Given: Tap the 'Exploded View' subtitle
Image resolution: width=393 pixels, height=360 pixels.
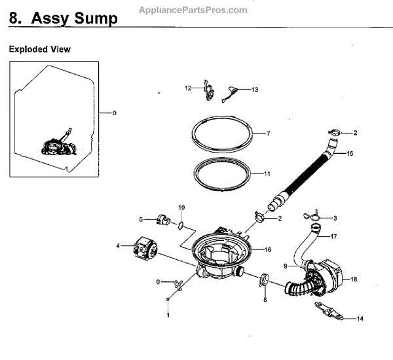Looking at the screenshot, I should [x=39, y=49].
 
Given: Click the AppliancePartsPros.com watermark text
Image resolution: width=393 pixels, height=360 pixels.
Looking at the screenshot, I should [x=193, y=10].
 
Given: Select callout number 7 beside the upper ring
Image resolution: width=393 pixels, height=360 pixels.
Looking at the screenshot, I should [x=268, y=134].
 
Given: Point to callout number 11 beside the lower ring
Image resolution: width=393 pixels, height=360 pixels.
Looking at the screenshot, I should [x=267, y=174].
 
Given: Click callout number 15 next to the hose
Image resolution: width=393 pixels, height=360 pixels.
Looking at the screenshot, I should [x=350, y=154].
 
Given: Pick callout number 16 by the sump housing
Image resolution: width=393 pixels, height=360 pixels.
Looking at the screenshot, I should [x=267, y=249].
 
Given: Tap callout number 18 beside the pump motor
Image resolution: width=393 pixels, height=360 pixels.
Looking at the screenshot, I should [x=354, y=279].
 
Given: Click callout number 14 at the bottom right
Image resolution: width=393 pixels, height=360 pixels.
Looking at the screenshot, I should [x=360, y=319].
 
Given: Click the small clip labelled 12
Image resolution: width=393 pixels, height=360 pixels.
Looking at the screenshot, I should [x=209, y=90].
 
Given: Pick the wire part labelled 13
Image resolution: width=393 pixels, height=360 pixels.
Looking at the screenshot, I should [x=231, y=92].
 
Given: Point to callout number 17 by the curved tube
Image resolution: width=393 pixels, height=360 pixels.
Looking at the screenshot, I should [x=333, y=236].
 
